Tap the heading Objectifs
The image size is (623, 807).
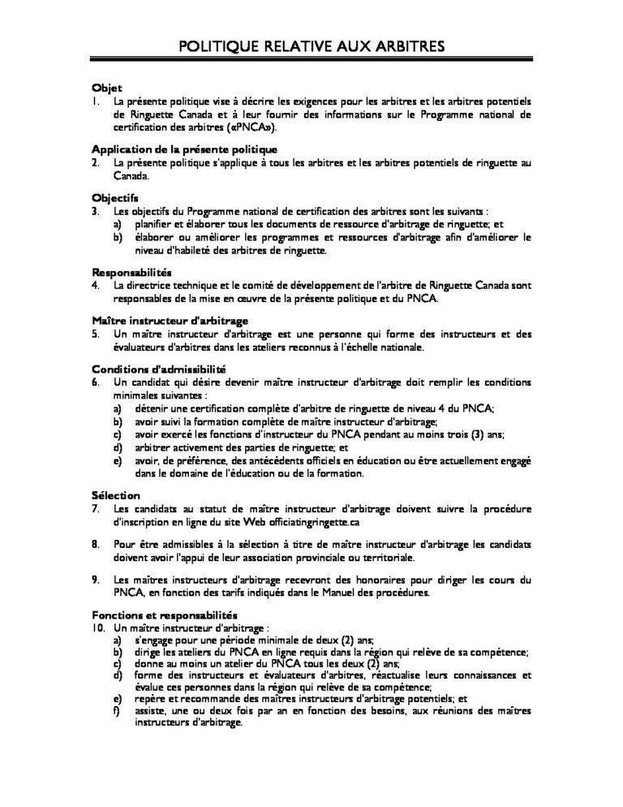[x=115, y=197]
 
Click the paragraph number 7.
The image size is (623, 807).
[x=96, y=508]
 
